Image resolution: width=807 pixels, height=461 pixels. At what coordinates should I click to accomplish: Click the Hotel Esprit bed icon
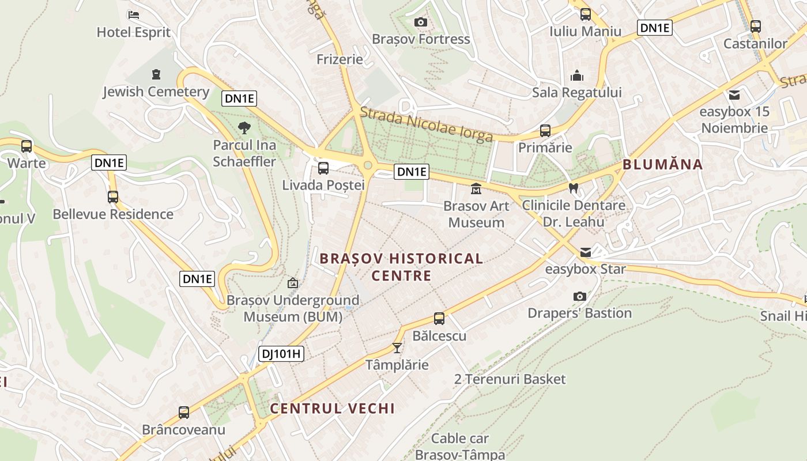coord(134,14)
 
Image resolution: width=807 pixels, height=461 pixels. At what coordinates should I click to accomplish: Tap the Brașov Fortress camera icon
coord(421,22)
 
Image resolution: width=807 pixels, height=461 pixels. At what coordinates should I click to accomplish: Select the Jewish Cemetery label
coord(156,92)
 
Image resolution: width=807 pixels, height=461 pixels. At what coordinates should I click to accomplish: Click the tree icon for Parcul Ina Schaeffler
coord(244,128)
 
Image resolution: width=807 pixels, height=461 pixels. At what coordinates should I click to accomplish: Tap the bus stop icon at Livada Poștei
coord(323,168)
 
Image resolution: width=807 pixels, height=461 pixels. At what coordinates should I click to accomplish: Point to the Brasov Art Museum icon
coord(476,189)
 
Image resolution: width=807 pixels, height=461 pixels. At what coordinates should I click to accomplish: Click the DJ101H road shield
coord(281,354)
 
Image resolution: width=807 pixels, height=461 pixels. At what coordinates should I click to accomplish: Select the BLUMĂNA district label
coord(663,164)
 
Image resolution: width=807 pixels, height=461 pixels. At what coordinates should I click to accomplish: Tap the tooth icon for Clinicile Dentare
coord(573,188)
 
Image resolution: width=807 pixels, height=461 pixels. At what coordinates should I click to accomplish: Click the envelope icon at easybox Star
coord(586,252)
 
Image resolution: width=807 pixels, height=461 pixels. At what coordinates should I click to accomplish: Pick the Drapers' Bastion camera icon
coord(580,296)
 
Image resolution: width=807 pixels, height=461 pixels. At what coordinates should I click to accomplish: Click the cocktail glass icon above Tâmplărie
coord(397,347)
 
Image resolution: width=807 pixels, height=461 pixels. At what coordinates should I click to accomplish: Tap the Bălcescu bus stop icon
coord(439,318)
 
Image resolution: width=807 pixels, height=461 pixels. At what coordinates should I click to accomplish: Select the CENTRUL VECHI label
coord(332,409)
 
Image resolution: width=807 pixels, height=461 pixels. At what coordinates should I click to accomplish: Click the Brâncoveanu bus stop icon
coord(184,413)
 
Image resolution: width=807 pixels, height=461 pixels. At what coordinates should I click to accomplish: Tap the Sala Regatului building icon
coord(576,75)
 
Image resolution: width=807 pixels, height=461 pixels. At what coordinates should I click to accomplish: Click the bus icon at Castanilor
coord(755,26)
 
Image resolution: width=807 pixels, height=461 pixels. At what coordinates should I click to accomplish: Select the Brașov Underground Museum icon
coord(293,283)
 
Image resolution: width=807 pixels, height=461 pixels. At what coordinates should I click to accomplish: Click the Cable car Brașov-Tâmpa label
coord(460,447)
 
